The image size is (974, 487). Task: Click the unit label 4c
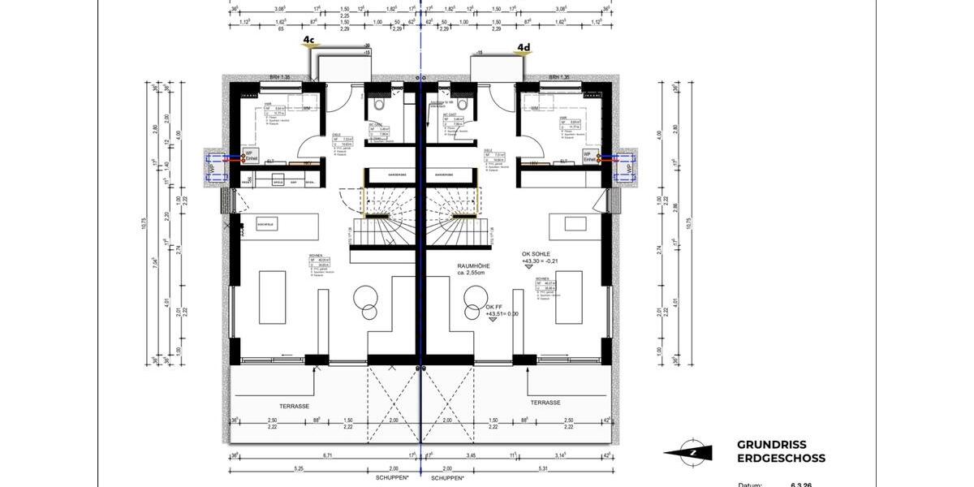coord(309,38)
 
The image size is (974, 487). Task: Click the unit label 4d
coord(524,48)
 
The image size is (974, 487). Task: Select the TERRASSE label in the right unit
coord(545,402)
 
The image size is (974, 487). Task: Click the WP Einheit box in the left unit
coord(253,156)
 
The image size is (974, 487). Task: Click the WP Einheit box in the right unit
coord(588,156)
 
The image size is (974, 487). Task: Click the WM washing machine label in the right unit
coord(534,107)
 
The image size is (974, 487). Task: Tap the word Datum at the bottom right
coord(750,485)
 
